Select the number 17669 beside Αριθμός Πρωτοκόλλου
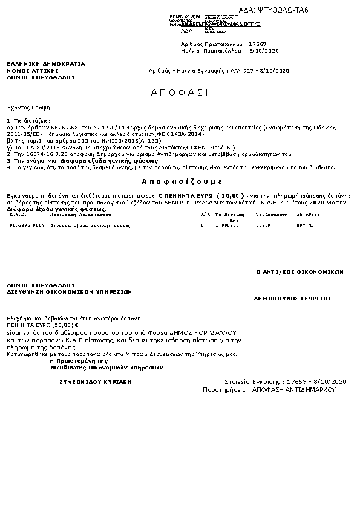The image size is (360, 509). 257,45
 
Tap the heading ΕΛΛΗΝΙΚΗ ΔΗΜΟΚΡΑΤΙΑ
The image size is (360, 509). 46,63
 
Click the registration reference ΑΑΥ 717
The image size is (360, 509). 244,71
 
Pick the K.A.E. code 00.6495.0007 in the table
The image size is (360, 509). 27,225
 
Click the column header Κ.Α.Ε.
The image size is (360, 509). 16,215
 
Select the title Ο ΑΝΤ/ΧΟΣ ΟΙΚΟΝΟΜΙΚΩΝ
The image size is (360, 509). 300,272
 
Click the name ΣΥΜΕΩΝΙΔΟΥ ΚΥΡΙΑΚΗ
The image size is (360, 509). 95,383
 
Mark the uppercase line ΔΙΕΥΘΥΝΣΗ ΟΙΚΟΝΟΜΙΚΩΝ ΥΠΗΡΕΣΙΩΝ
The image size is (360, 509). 70,291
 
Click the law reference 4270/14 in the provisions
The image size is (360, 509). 102,129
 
